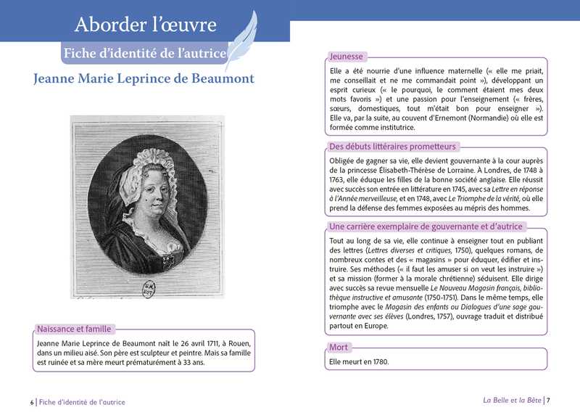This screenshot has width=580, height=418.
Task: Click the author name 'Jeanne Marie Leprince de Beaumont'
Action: [x=144, y=78]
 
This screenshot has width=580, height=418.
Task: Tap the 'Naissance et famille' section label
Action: [x=74, y=329]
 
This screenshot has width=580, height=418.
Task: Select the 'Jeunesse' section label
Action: [x=347, y=56]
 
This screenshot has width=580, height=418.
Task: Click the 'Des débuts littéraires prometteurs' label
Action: [x=393, y=146]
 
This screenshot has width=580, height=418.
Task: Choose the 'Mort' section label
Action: [x=339, y=347]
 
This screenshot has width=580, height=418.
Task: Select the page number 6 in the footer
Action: [x=32, y=402]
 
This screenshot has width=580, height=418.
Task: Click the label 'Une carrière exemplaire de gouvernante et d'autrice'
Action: [x=436, y=227]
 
